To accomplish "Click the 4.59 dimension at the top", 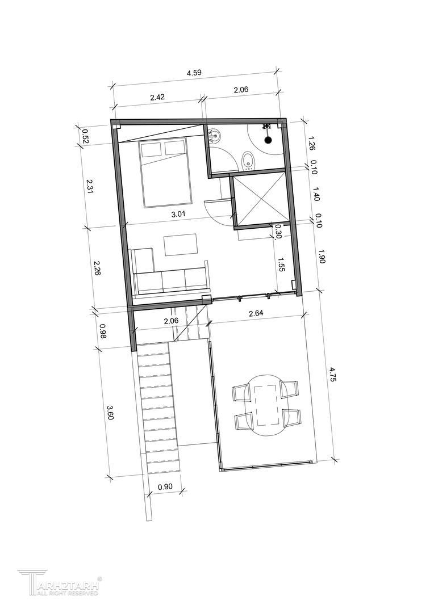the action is pos(194,73).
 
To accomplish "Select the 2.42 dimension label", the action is pos(157,98).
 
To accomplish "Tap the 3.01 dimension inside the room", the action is pos(177,213).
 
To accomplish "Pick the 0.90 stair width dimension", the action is pos(165,487).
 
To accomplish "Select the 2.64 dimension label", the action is pos(256,313).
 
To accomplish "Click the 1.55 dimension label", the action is pos(280,264).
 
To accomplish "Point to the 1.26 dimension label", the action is pos(312,143).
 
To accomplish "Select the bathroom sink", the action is pos(215,136).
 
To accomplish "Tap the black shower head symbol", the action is pos(268,140).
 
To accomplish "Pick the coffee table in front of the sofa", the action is pos(181,245).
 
